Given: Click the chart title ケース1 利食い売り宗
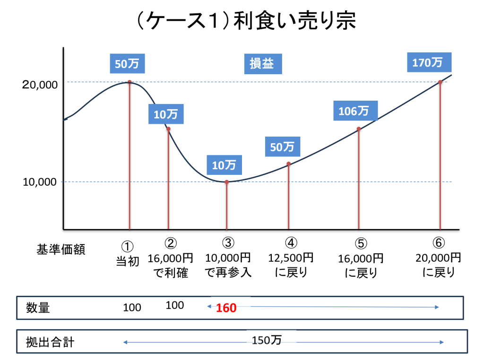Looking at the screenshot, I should click(x=242, y=22).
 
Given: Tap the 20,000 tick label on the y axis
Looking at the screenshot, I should click(x=40, y=85).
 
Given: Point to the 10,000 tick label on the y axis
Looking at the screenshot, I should click(x=40, y=182).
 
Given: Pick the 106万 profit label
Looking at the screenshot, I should click(x=354, y=111).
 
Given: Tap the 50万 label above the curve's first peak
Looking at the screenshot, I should click(x=127, y=63).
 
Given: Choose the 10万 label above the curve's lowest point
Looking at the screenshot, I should click(x=224, y=165).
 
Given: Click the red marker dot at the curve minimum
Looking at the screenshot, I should click(x=227, y=182).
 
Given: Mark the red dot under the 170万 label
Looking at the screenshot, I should click(x=440, y=82).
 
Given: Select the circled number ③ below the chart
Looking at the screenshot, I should click(x=228, y=243).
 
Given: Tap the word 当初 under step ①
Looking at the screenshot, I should click(x=128, y=261).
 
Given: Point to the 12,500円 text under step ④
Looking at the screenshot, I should click(x=291, y=258).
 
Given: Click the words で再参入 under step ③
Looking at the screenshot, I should click(x=228, y=273).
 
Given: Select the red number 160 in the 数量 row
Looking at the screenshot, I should click(x=225, y=308).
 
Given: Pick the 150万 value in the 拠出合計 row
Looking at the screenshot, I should click(x=266, y=340).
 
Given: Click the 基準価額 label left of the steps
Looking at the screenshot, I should click(x=61, y=249).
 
